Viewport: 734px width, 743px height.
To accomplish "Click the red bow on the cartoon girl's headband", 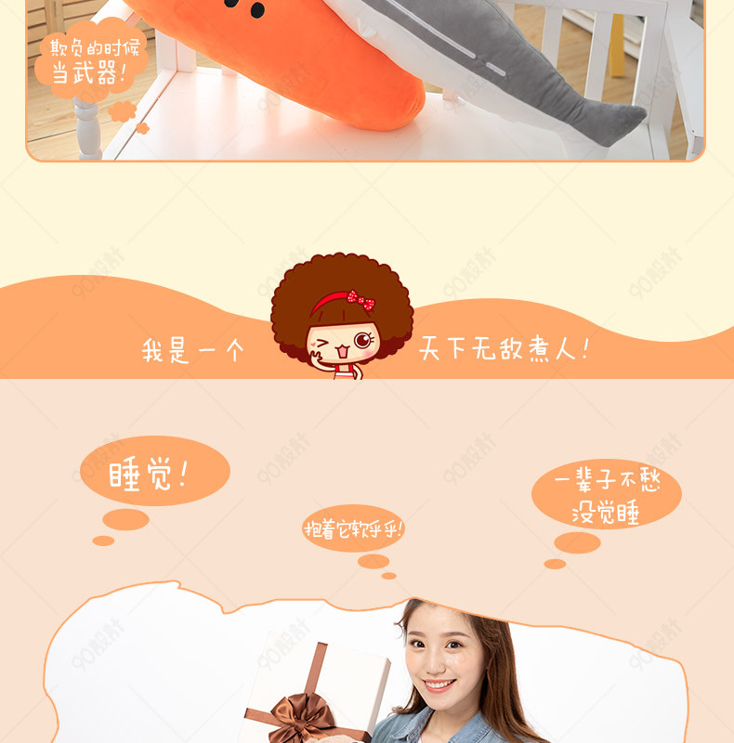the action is (360, 300).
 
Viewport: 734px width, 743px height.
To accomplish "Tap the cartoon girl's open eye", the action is (362, 340).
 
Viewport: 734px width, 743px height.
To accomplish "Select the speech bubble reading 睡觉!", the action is (155, 471).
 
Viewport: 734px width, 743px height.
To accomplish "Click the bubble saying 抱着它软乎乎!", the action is (353, 528).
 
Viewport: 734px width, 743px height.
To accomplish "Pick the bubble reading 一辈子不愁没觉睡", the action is (607, 494).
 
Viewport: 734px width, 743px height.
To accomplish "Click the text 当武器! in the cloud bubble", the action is (89, 73).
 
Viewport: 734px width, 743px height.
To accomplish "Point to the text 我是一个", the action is (192, 351).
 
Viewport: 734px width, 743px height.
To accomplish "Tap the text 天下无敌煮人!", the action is (504, 349).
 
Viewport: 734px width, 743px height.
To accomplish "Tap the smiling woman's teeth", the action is (439, 684).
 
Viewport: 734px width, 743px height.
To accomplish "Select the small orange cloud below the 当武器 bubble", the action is (123, 111).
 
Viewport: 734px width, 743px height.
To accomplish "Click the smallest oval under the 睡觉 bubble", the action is (103, 541).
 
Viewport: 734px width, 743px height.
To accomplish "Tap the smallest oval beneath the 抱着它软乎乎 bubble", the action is (388, 576).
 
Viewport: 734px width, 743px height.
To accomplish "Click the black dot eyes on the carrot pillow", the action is (245, 7).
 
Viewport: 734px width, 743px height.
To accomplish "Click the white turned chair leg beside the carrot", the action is (88, 128).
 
